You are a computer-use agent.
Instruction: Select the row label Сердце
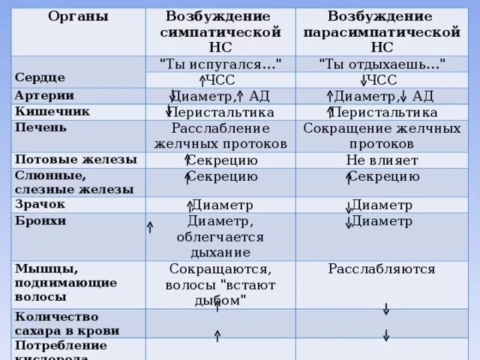click(x=40, y=77)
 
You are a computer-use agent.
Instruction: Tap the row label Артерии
click(x=43, y=95)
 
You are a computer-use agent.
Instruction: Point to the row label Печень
click(x=40, y=127)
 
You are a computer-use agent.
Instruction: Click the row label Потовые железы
click(x=76, y=159)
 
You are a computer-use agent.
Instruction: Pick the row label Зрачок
click(x=40, y=204)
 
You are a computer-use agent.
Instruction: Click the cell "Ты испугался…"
click(x=220, y=64)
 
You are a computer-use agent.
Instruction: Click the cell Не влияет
click(x=382, y=160)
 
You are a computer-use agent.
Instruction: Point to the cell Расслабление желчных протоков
click(x=220, y=135)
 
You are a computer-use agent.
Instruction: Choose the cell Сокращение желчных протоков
click(x=382, y=135)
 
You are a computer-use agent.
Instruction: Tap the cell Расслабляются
click(x=382, y=268)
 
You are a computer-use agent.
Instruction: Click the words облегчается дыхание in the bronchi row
click(x=220, y=245)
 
